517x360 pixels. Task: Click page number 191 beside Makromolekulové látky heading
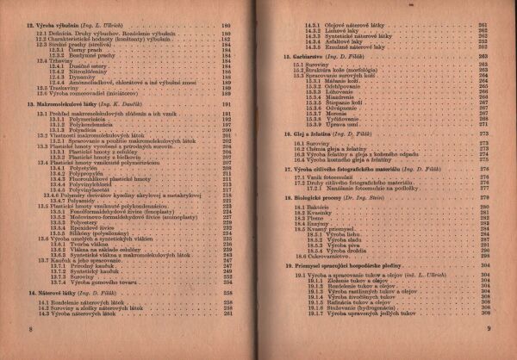[228, 102]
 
